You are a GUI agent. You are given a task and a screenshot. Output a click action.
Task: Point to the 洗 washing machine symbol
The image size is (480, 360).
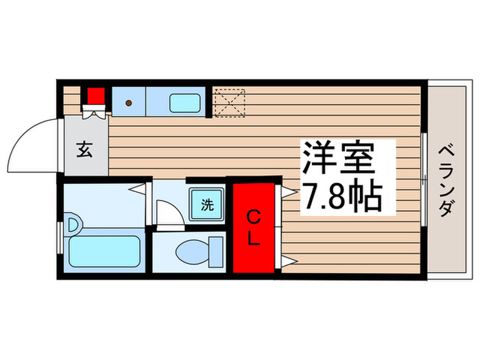coord(206,203)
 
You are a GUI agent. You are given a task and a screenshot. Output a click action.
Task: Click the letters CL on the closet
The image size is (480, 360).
coord(253,228)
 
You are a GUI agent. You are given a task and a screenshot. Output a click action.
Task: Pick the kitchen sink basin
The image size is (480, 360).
coord(184,104)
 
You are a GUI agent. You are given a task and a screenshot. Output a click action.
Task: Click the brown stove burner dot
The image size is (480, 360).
coord(128,104)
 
